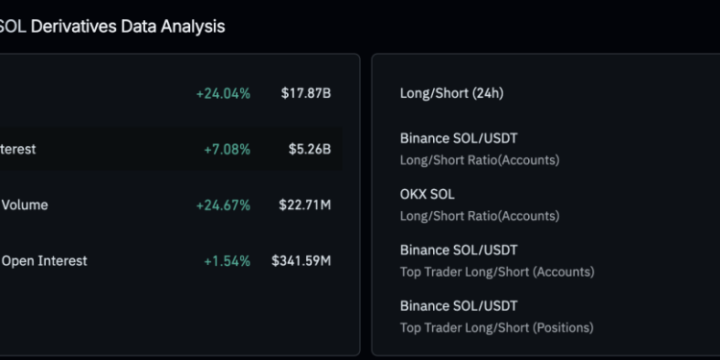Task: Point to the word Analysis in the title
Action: pyautogui.click(x=192, y=26)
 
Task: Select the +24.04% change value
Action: pyautogui.click(x=223, y=93)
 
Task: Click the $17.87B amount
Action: pyautogui.click(x=306, y=93)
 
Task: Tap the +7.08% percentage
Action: pyautogui.click(x=227, y=149)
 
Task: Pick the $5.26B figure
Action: pyautogui.click(x=310, y=149)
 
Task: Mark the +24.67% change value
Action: pyautogui.click(x=223, y=204)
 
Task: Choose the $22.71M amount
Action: pyautogui.click(x=306, y=204)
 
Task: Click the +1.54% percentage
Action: pyautogui.click(x=227, y=260)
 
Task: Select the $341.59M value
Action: pyautogui.click(x=301, y=260)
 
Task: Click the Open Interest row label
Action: pyautogui.click(x=44, y=260)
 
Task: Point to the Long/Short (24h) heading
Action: pyautogui.click(x=451, y=93)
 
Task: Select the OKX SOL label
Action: pyautogui.click(x=427, y=194)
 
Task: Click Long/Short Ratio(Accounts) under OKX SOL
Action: pyautogui.click(x=479, y=215)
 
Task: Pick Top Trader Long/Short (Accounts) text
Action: pyautogui.click(x=496, y=271)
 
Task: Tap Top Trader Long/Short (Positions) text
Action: pyautogui.click(x=496, y=326)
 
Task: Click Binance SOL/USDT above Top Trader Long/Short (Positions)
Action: pyautogui.click(x=459, y=305)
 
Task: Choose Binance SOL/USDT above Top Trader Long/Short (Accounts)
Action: pyautogui.click(x=459, y=250)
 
